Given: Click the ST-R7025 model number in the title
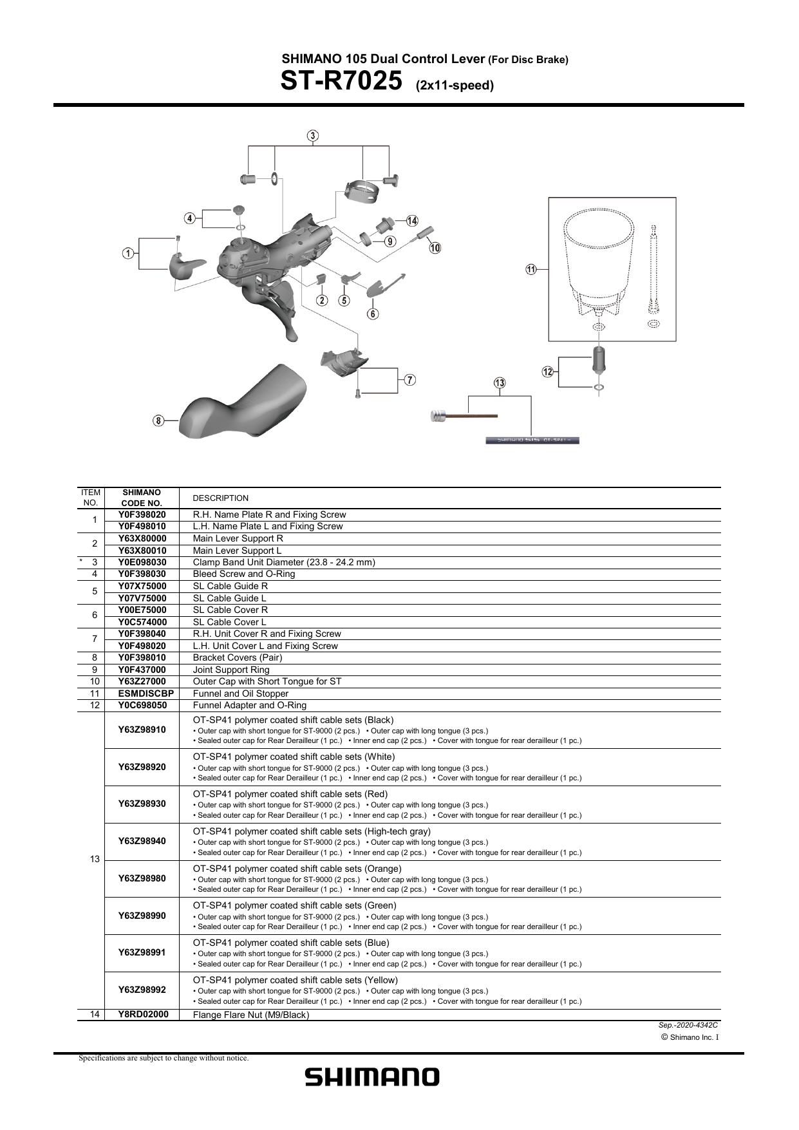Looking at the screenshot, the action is (341, 82).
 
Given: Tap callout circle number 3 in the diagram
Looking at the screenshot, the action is (312, 136).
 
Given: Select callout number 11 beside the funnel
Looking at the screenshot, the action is (531, 270).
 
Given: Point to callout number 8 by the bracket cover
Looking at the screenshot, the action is (158, 421).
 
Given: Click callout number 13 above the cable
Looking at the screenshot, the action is (500, 383).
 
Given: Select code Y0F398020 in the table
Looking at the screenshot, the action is (142, 514).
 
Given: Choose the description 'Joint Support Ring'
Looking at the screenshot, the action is (231, 670).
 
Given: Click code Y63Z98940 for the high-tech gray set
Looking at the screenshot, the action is (142, 841).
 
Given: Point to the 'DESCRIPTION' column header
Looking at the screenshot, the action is (220, 498).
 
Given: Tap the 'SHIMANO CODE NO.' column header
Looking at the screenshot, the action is (142, 498).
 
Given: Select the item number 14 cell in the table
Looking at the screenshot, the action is (95, 1014).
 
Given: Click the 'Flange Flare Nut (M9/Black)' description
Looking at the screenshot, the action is (251, 1015).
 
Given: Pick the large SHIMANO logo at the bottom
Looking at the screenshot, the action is (372, 1077).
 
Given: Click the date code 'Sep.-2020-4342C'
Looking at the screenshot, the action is (688, 1024).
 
